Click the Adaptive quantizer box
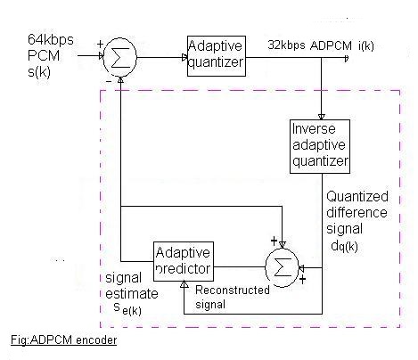click(x=217, y=56)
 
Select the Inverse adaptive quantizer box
click(x=320, y=146)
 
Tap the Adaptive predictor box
click(x=184, y=261)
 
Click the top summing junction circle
click(x=119, y=57)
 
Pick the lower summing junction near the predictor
click(x=282, y=267)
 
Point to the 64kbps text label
click(x=51, y=39)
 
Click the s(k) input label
click(x=39, y=72)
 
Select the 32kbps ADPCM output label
click(x=310, y=45)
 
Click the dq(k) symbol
click(x=344, y=246)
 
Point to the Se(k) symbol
click(x=127, y=308)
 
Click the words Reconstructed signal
click(x=233, y=297)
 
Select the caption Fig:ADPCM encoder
click(x=64, y=340)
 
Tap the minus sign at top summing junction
click(x=109, y=81)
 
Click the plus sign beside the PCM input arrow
click(x=100, y=45)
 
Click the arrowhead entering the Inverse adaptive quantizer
click(x=322, y=117)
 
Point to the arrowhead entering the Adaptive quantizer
click(x=184, y=58)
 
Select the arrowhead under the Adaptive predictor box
click(x=184, y=284)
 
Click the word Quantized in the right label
click(x=357, y=197)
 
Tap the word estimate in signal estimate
click(x=132, y=294)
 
